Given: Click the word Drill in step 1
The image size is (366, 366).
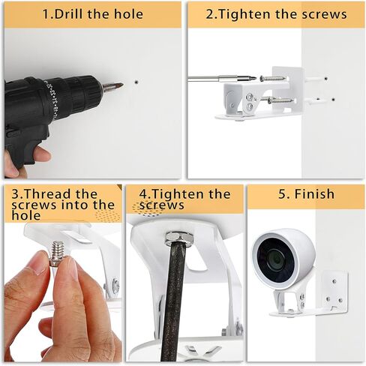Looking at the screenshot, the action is pos(69,13).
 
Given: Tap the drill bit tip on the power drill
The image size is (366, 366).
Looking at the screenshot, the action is pos(122,85).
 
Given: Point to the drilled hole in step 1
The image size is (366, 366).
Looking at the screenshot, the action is pos(136,82).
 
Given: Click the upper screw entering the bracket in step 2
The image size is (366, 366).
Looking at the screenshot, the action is pos(274,79).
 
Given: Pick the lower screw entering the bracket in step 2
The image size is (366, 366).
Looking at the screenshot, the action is pos(280,100).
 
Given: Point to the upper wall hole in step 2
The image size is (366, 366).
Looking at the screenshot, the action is pos(325,79).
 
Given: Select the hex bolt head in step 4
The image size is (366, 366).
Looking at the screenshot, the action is pos(179,238).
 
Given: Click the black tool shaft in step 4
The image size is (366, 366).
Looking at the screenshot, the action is pos(175,300).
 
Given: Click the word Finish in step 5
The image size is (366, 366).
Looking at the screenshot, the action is pos(314,194).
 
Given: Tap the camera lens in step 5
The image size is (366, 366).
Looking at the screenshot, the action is pos(276,259).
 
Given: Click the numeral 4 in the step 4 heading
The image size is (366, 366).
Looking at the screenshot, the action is pos(144,194).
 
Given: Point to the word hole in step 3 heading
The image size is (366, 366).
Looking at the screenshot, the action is pos(26,215).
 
